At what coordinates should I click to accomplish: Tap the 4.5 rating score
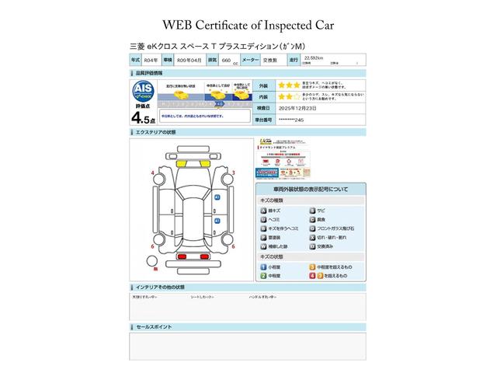click(x=142, y=118)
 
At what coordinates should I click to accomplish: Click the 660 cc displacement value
click(x=226, y=60)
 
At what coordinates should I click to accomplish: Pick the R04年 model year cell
click(x=151, y=60)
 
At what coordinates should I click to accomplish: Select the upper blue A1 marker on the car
click(x=217, y=198)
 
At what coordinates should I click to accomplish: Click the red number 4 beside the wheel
click(x=152, y=172)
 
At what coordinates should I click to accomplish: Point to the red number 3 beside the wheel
click(x=234, y=172)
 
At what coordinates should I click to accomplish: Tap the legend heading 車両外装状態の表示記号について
click(x=310, y=190)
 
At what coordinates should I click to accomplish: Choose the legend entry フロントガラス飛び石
click(x=338, y=228)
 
